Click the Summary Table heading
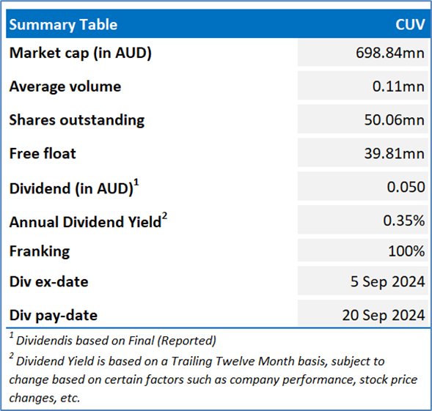(63, 25)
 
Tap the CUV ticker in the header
(410, 24)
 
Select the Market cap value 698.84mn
(390, 53)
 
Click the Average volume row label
(65, 86)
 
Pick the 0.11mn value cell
(398, 86)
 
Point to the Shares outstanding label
(77, 120)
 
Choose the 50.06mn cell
(395, 120)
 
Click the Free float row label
(43, 153)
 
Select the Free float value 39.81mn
(395, 153)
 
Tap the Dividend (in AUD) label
(74, 188)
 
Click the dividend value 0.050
(406, 187)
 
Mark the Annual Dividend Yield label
(88, 221)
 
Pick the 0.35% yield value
(404, 221)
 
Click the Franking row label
(40, 251)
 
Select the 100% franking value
(406, 251)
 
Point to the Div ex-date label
(48, 281)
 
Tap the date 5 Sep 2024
(388, 281)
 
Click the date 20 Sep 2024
(384, 315)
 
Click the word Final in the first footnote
(141, 341)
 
